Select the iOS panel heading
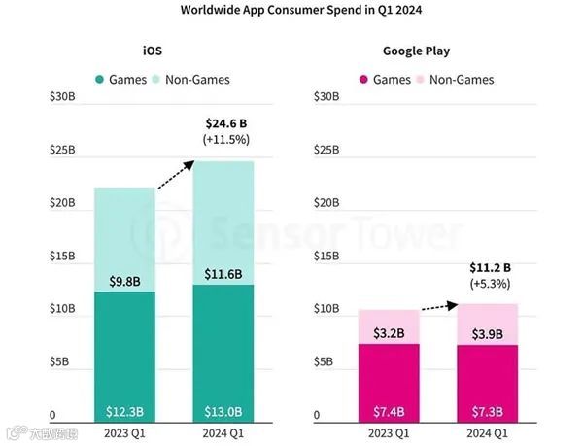point(152,51)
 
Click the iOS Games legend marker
point(100,79)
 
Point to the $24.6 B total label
point(226,123)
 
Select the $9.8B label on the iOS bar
point(125,282)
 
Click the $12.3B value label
point(125,411)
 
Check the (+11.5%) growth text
point(226,140)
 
